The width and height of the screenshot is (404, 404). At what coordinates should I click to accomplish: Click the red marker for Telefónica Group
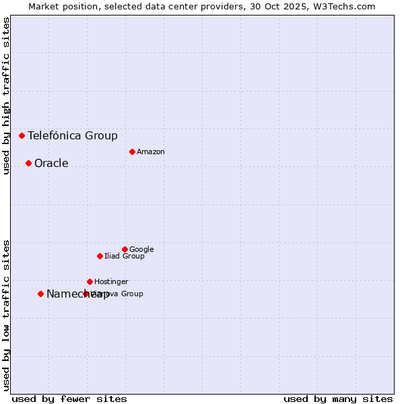pyautogui.click(x=22, y=135)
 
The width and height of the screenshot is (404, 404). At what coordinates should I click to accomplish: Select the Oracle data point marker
pyautogui.click(x=28, y=163)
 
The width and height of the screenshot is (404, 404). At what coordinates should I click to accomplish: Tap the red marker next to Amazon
pyautogui.click(x=132, y=151)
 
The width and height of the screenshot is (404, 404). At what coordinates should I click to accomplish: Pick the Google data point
pyautogui.click(x=125, y=249)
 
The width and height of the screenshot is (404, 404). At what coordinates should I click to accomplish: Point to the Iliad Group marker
pyautogui.click(x=100, y=256)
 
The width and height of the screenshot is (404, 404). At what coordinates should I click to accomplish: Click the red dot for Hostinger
pyautogui.click(x=90, y=281)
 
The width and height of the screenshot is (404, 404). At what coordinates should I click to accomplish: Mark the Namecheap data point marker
pyautogui.click(x=40, y=294)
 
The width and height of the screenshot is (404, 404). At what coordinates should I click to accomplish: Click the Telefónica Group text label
pyautogui.click(x=73, y=135)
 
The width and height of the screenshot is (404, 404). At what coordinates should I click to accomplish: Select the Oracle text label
pyautogui.click(x=51, y=163)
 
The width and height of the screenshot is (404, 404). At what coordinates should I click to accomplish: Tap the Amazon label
pyautogui.click(x=151, y=151)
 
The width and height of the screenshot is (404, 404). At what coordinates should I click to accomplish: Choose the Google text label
pyautogui.click(x=141, y=249)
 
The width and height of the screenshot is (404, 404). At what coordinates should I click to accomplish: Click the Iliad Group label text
pyautogui.click(x=125, y=256)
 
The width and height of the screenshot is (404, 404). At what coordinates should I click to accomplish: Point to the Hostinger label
pyautogui.click(x=111, y=281)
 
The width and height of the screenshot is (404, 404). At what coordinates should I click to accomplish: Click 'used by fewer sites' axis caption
pyautogui.click(x=69, y=399)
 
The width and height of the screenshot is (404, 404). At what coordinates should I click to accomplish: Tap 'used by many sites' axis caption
pyautogui.click(x=338, y=399)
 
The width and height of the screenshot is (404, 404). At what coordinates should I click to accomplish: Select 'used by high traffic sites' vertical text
pyautogui.click(x=6, y=96)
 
